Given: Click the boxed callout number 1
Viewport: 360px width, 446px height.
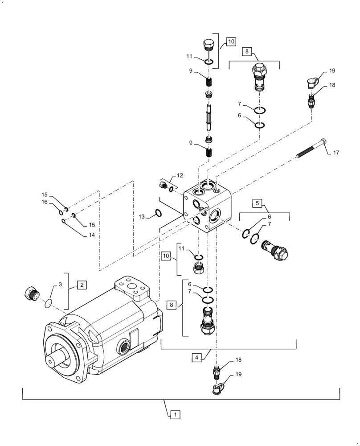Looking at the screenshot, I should (x=175, y=414).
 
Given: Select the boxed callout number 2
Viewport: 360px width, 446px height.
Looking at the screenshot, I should (x=82, y=284).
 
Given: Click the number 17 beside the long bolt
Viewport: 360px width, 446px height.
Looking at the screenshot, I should (x=335, y=153).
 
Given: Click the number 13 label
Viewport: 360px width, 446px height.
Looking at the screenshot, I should (x=141, y=217).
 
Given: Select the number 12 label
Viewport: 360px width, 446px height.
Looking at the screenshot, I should (x=180, y=176).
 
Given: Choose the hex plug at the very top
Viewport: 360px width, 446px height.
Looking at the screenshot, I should (x=209, y=46).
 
